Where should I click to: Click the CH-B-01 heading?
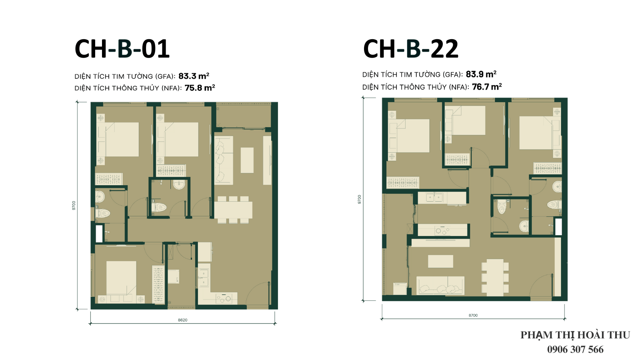pos(122,49)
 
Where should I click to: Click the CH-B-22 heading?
pos(410,49)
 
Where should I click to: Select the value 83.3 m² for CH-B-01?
pos(194,76)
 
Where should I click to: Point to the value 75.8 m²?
pos(200,88)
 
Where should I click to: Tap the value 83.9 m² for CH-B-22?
pos(481,74)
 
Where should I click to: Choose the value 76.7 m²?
pos(487,86)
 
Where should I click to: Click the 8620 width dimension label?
pos(182,320)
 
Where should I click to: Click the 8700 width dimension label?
pos(473,315)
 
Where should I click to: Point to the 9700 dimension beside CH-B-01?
pos(74,206)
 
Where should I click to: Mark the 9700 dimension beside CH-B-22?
pos(360,199)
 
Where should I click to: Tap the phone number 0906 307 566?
pos(575,349)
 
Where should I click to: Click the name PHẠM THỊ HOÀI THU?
pos(575,335)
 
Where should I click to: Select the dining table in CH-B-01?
pos(234,210)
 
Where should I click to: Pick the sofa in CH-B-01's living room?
pos(224,160)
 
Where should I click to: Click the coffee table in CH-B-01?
pos(247,160)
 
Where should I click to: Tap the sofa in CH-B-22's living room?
pos(440,286)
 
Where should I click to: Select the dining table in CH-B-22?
pos(495,278)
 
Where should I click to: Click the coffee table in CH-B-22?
pos(440,261)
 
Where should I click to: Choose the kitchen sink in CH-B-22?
pos(434,197)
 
